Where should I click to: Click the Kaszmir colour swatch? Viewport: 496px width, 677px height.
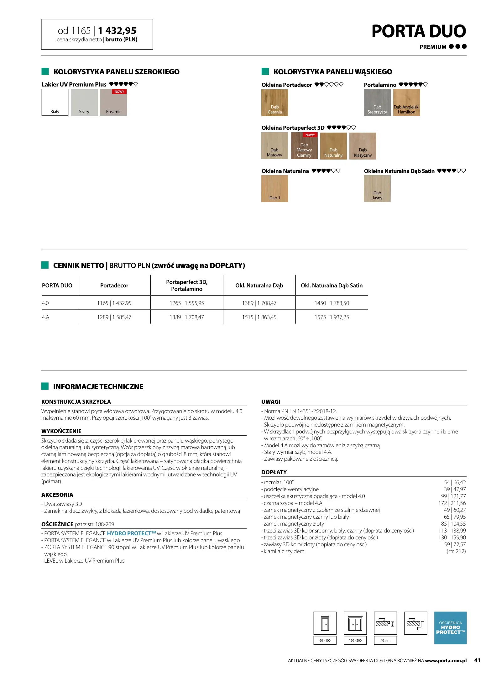point(113,102)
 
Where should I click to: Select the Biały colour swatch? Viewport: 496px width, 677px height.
point(55,102)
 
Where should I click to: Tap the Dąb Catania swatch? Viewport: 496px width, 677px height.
point(274,103)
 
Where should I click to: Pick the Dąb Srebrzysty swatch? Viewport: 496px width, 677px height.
point(377,102)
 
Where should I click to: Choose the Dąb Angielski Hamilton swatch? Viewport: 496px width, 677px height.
point(406,102)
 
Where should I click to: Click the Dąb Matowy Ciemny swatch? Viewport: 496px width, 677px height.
point(304,146)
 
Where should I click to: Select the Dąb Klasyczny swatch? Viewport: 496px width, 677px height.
point(363,146)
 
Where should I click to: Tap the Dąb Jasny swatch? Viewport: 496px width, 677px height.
point(377,189)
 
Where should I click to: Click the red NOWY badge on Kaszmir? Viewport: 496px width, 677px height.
point(119,92)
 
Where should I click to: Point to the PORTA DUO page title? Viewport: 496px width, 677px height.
point(419,31)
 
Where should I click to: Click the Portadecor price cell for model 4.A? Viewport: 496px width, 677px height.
point(114,317)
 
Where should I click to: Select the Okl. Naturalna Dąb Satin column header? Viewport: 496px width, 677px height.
point(332,286)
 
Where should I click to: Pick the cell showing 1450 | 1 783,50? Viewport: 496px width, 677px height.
point(332,303)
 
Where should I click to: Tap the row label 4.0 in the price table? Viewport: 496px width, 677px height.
point(45,303)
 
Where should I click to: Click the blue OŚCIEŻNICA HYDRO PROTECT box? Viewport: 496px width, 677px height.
point(450,628)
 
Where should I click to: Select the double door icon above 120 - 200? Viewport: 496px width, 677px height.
point(355,623)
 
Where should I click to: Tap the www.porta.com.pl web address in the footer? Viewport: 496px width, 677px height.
point(446,660)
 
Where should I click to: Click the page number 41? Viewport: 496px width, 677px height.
point(477,660)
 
